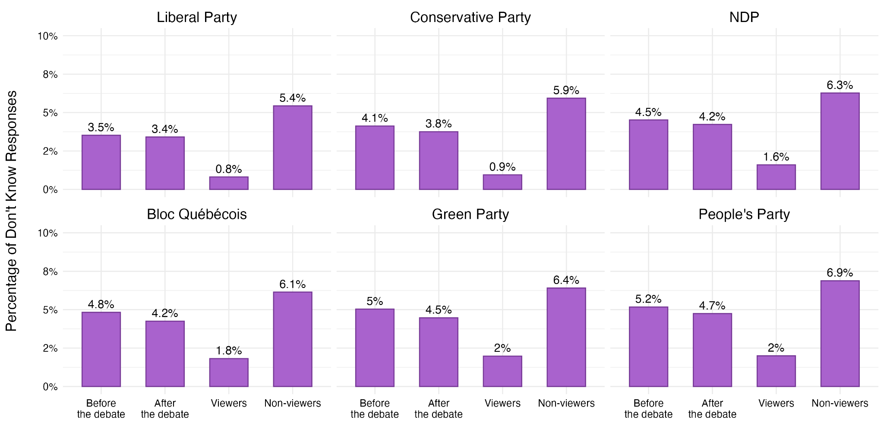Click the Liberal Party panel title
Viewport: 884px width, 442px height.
click(196, 17)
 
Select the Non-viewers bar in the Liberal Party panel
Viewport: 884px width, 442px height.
click(292, 148)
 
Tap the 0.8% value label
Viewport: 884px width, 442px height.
click(228, 169)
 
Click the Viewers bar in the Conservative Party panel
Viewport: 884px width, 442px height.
click(502, 182)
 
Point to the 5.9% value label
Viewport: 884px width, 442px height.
click(566, 91)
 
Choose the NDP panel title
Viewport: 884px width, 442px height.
click(744, 17)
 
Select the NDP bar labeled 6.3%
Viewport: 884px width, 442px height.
click(840, 141)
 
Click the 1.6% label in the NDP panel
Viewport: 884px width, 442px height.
click(776, 157)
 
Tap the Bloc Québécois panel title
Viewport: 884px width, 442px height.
click(196, 215)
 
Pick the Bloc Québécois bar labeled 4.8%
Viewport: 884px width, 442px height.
click(101, 349)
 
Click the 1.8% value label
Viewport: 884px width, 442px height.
click(228, 351)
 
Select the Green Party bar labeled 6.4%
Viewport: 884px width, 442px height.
click(566, 337)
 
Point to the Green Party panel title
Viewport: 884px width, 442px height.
click(470, 215)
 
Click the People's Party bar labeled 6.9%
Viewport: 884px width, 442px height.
click(840, 334)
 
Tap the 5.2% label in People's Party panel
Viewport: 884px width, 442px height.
click(648, 299)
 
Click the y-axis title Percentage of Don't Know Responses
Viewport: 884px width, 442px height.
click(12, 211)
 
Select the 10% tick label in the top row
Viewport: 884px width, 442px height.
click(47, 36)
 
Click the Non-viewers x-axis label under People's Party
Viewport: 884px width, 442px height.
click(840, 403)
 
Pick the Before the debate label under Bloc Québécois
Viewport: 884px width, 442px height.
click(101, 409)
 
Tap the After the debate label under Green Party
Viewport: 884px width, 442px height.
click(438, 409)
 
